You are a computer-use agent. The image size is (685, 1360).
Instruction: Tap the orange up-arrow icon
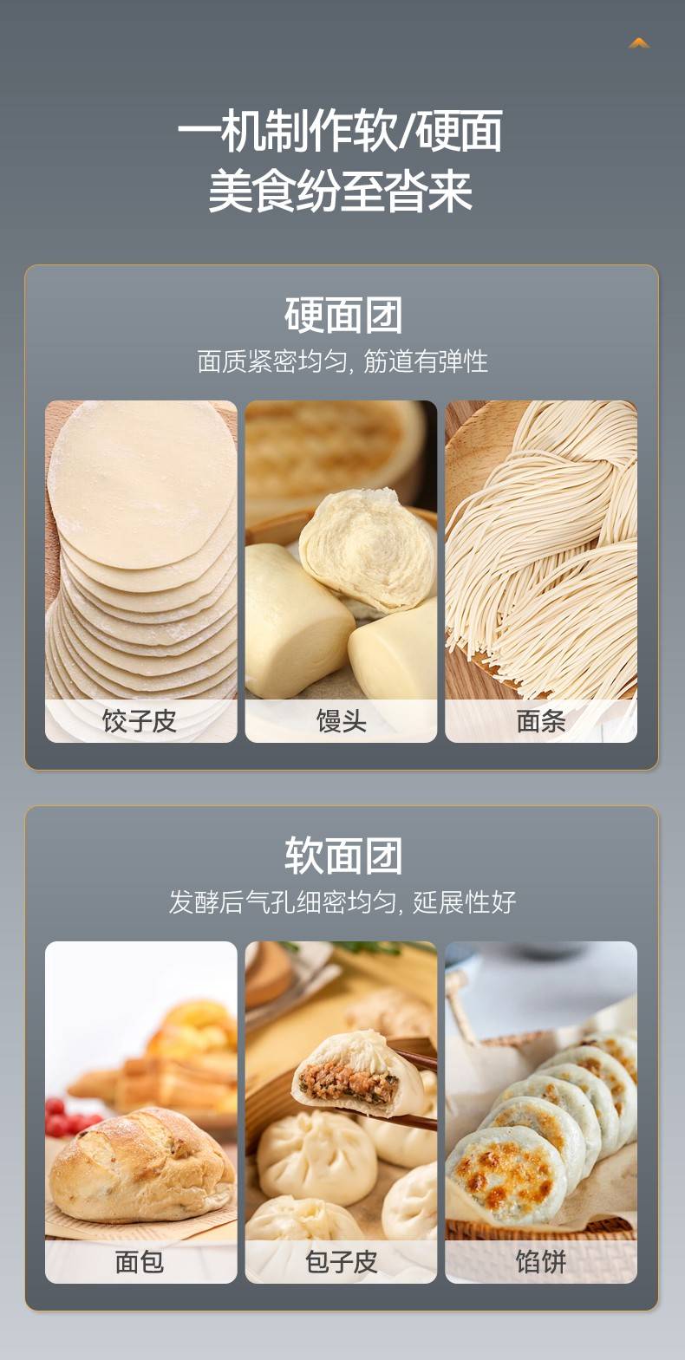(x=639, y=43)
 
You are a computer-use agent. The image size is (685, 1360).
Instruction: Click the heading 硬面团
(x=343, y=316)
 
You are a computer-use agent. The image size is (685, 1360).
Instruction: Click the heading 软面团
(x=343, y=856)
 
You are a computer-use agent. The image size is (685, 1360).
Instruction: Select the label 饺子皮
(x=140, y=721)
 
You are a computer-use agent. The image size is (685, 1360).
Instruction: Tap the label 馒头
(x=341, y=721)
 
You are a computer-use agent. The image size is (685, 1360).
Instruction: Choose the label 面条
(x=541, y=721)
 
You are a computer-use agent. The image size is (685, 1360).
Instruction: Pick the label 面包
(x=140, y=1262)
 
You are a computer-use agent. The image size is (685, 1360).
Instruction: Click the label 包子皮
(x=341, y=1262)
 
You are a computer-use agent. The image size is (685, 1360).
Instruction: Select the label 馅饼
(x=541, y=1262)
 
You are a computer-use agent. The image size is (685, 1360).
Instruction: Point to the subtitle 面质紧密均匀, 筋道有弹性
(x=342, y=361)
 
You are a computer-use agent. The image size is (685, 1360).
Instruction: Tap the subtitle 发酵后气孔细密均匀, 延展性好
(x=342, y=902)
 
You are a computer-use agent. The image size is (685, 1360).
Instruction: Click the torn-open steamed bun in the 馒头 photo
(x=369, y=550)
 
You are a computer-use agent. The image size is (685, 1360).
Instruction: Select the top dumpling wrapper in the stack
(x=143, y=483)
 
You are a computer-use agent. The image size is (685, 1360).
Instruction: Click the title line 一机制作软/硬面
(x=341, y=131)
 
